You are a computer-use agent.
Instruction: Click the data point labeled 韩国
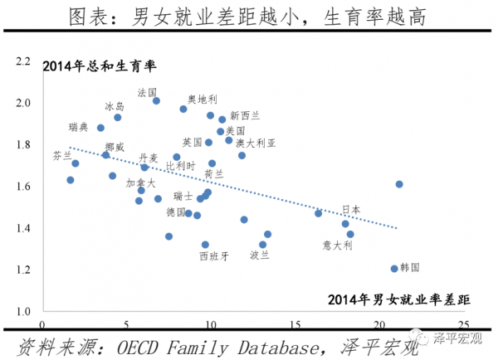(394, 269)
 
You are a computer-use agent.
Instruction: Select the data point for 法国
(156, 100)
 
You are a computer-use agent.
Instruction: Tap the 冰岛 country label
(115, 106)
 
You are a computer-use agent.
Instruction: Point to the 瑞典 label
(79, 127)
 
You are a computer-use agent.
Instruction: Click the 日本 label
(351, 209)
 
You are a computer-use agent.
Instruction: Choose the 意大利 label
(338, 246)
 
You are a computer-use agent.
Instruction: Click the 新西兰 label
(246, 114)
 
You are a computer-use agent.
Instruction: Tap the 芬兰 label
(62, 155)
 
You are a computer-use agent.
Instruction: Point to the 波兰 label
(259, 255)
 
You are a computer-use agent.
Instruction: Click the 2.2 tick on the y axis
(22, 61)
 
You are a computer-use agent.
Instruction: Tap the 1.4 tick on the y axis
(22, 228)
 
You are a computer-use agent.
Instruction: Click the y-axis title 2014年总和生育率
(100, 66)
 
